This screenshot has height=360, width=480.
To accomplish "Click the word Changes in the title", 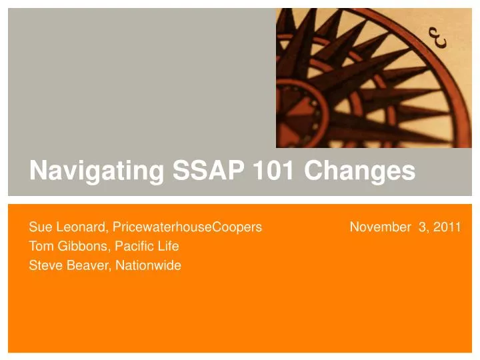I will tap(360, 171).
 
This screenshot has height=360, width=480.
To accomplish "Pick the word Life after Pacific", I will tap(167, 247).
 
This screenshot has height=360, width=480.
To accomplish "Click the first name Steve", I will tap(43, 265).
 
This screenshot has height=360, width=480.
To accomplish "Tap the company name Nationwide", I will tap(148, 265).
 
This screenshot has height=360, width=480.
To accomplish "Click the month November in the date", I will tap(380, 227).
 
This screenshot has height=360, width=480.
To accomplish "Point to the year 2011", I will tap(447, 227).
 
